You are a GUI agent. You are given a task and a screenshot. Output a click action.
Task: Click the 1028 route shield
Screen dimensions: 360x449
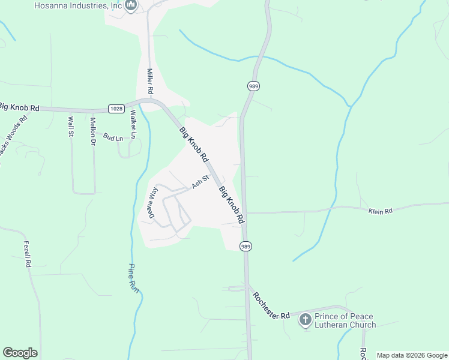pyautogui.click(x=116, y=109)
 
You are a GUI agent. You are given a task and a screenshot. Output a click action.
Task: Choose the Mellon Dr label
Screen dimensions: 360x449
pyautogui.click(x=93, y=131)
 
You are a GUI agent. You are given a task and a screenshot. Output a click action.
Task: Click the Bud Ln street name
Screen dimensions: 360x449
pyautogui.click(x=112, y=137)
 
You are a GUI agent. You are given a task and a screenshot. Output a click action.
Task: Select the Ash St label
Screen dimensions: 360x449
pyautogui.click(x=200, y=182)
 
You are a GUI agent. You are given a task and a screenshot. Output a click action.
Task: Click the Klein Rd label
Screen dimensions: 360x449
pyautogui.click(x=379, y=211)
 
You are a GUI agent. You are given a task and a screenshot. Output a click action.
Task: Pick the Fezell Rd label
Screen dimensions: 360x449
pyautogui.click(x=27, y=254)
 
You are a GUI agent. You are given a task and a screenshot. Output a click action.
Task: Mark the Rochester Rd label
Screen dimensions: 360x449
pyautogui.click(x=271, y=306)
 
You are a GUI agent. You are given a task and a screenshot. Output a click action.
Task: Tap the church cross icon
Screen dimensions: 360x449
pyautogui.click(x=305, y=320)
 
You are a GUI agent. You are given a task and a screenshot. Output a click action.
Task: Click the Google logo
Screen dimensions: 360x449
pyautogui.click(x=20, y=353)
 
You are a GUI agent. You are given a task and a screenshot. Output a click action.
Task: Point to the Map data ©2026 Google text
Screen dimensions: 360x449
pyautogui.click(x=412, y=355)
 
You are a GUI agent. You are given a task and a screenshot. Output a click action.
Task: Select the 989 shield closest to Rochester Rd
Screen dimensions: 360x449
pyautogui.click(x=246, y=247)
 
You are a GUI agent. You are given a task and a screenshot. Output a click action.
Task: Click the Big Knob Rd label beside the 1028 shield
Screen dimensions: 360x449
pyautogui.click(x=19, y=107)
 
